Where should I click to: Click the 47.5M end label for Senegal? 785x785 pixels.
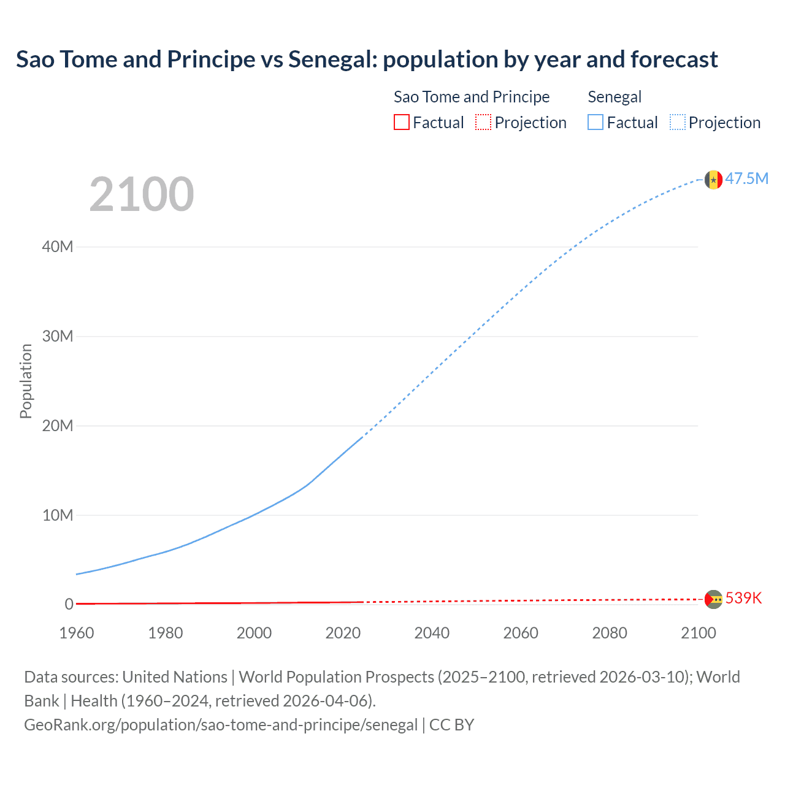point(746,178)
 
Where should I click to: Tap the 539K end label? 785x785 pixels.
point(743,598)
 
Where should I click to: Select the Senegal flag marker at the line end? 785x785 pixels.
point(713,180)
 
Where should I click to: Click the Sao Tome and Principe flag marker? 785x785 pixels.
point(713,599)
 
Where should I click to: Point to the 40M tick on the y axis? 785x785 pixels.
point(58,247)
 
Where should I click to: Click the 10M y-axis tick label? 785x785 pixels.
point(58,515)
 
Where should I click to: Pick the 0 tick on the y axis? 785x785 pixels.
point(69,604)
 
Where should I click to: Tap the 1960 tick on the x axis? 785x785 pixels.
point(77,633)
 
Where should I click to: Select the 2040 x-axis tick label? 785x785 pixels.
point(432,633)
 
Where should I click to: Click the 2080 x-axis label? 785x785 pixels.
point(610,633)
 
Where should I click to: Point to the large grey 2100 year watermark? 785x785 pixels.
point(142,194)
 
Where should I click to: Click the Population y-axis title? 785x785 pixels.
point(26,381)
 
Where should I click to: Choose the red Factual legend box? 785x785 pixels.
point(402,122)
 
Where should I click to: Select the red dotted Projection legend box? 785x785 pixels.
point(483,122)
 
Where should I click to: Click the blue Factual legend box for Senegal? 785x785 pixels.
point(595,122)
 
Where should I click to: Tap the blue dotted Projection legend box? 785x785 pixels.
point(678,122)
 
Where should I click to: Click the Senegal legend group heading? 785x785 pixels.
point(615,97)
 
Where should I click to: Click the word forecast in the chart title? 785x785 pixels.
point(674,59)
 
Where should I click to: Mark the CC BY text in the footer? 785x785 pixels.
point(451,725)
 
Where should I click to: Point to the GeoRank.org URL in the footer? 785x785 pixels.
point(221,725)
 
